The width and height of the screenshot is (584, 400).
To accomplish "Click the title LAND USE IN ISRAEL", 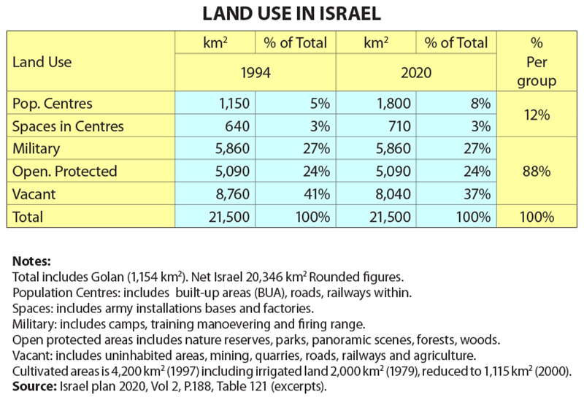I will [x=292, y=15].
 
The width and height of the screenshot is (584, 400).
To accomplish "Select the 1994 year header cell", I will [x=255, y=73].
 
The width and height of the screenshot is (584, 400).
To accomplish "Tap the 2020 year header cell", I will [x=417, y=73].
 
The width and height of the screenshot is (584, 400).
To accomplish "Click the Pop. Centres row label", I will [x=53, y=103].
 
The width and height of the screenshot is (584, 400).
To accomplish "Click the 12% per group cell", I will [x=537, y=115].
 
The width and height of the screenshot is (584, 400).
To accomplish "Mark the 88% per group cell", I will [x=537, y=172].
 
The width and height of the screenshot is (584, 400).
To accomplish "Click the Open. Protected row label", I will [x=65, y=172].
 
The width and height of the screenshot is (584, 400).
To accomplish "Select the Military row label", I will [x=38, y=149].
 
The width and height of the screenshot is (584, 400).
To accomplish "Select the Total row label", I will [x=28, y=217].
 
